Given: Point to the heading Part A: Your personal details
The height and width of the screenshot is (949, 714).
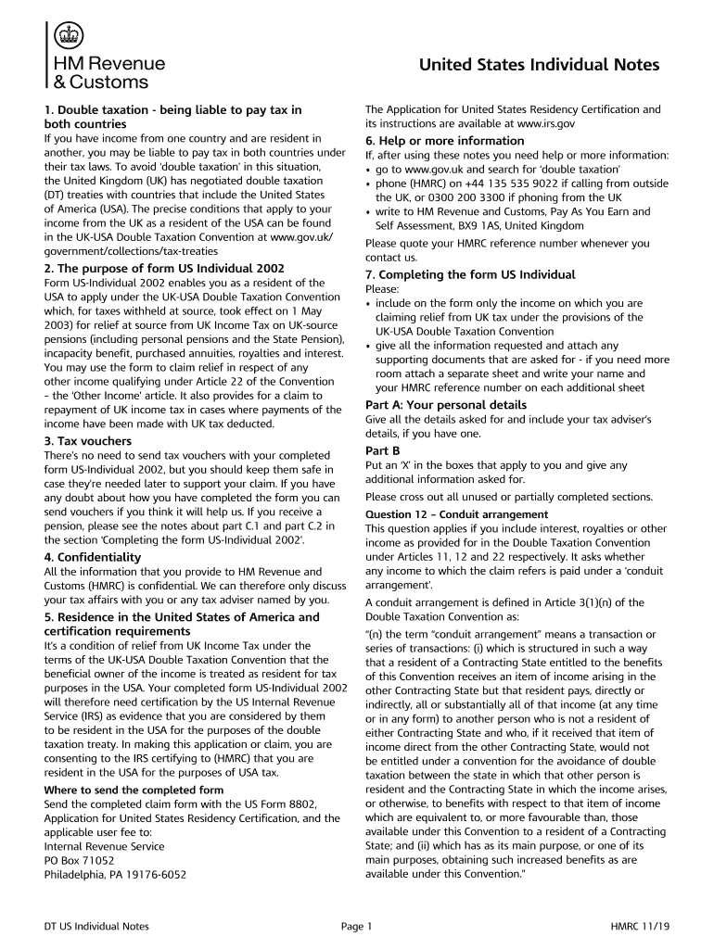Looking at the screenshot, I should coord(446,405).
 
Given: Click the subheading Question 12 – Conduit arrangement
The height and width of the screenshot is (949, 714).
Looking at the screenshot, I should coord(456,514).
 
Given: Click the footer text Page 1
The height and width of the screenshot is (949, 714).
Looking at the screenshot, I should coord(356,926).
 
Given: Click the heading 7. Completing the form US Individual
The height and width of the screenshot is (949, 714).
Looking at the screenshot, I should coord(470,274).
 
